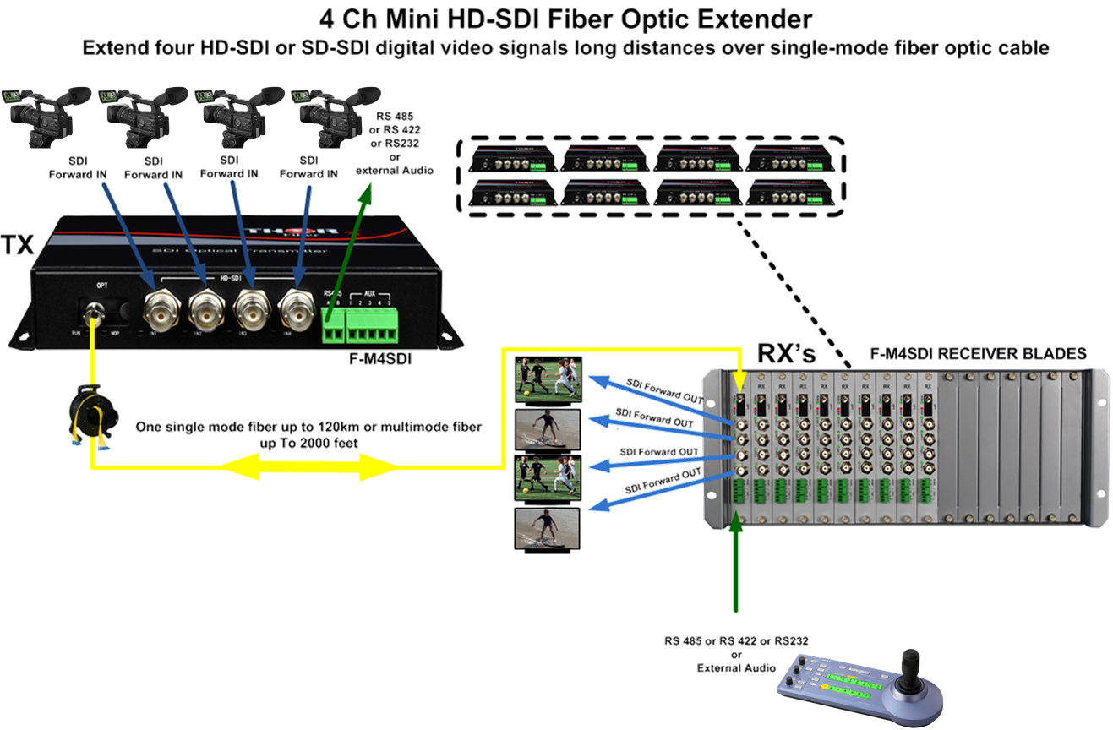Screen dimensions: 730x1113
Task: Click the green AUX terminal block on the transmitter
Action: click(372, 324)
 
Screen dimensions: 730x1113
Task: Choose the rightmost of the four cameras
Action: click(331, 114)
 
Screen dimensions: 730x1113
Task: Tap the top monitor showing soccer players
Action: click(549, 379)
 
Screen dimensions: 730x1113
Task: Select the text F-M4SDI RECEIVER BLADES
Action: click(978, 354)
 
